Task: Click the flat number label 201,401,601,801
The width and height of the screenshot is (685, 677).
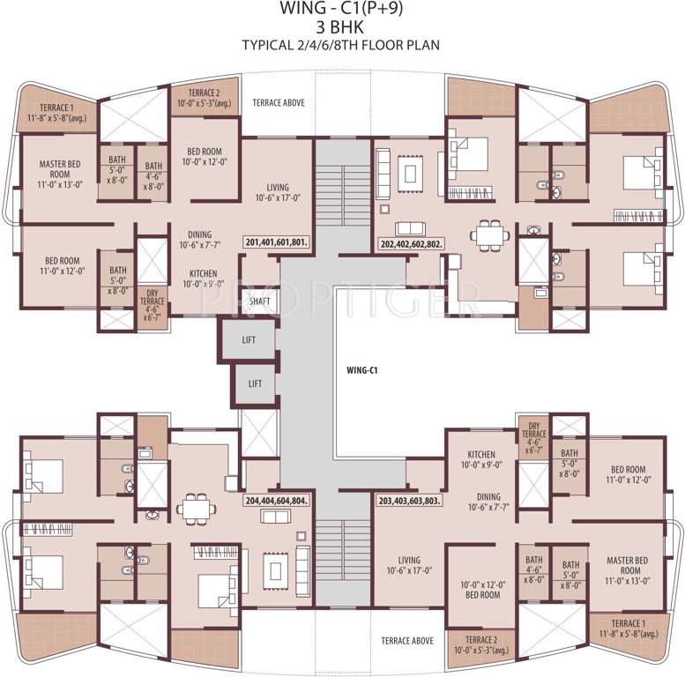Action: (276, 242)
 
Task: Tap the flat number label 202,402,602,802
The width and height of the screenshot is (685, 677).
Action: (411, 242)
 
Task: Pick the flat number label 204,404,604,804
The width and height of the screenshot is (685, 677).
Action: (276, 500)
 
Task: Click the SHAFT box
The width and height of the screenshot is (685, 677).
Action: (260, 301)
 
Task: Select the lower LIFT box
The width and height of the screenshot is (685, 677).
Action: (254, 383)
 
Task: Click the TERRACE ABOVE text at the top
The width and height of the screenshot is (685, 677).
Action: (278, 103)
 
